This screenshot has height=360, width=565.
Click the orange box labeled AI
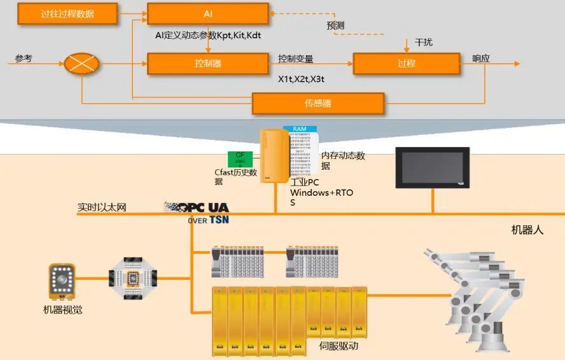tap(207, 13)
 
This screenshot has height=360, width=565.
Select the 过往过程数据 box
tap(67, 13)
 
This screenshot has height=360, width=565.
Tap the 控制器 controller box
tap(207, 64)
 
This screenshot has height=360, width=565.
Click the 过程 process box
tap(406, 64)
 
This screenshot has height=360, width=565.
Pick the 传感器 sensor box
tap(318, 103)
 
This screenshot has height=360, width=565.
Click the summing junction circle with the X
tap(81, 64)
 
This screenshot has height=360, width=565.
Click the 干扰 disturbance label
tap(424, 43)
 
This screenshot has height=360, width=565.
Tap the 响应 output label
tap(481, 58)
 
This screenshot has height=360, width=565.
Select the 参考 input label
tap(24, 59)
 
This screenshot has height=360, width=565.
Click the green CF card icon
tap(240, 159)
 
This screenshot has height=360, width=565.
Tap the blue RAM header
tap(299, 129)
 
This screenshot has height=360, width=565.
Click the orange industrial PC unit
tap(274, 155)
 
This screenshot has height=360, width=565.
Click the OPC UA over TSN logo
tap(197, 212)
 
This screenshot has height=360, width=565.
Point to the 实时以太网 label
tap(102, 207)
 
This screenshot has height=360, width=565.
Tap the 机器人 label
tap(527, 230)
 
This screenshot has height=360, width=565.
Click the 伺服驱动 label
tap(338, 347)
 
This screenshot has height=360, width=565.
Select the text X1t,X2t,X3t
tap(301, 79)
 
